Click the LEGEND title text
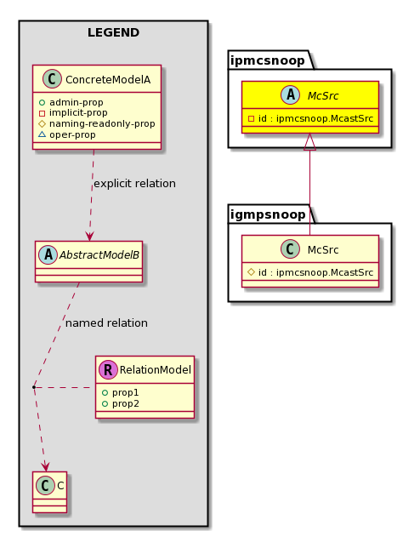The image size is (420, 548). coord(113,32)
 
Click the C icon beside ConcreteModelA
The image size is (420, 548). coord(52,78)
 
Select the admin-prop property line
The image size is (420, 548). coord(71,102)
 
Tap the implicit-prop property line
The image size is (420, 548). coord(73,113)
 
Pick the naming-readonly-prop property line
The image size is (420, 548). coord(97,123)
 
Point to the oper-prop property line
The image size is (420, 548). coord(67,134)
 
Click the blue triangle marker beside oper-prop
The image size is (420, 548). coord(42,134)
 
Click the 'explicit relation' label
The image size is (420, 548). coord(135,184)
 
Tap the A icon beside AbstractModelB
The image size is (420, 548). coord(48,254)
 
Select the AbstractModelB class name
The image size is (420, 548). coord(99,255)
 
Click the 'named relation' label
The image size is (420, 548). coord(106,323)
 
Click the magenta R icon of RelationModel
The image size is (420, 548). coord(108,370)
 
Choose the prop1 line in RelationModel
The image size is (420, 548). coord(120,392)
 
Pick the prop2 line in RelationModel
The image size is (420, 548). coord(120,403)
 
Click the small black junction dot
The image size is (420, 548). coord(34,387)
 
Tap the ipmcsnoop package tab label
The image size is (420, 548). coord(268,60)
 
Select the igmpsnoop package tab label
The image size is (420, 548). coord(268,214)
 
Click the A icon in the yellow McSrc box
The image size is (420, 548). coord(291,95)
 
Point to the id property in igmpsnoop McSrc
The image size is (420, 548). coord(310,272)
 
